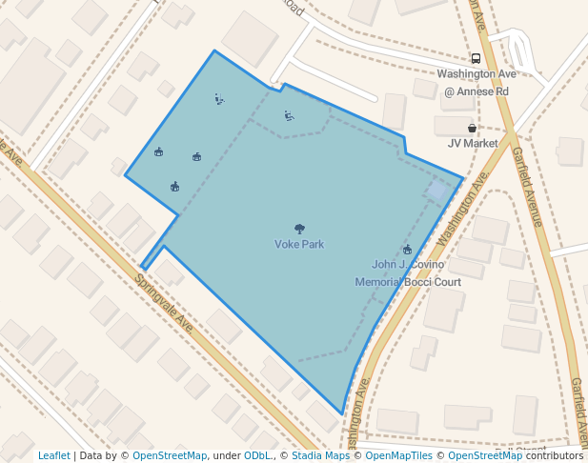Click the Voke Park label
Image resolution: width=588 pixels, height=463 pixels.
(x=299, y=245)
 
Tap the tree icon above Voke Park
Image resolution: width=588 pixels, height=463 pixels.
(x=299, y=229)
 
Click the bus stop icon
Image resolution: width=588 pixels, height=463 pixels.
(x=476, y=59)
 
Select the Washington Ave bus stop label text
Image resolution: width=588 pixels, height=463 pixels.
(x=476, y=74)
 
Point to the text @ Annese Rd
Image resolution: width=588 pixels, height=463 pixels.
(x=476, y=91)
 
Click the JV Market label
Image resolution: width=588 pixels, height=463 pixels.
(x=473, y=144)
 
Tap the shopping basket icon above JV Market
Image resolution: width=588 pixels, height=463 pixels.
(x=472, y=129)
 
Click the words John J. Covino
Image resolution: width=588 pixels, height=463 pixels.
(x=408, y=265)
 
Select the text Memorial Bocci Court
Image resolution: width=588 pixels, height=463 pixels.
(x=408, y=282)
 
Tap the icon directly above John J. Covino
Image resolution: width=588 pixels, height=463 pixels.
(x=407, y=250)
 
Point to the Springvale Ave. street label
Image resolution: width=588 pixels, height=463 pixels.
(x=164, y=304)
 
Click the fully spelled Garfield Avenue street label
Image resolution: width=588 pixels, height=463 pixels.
(x=527, y=187)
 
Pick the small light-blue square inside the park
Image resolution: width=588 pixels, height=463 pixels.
(x=438, y=191)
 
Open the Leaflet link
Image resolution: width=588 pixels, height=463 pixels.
(x=53, y=456)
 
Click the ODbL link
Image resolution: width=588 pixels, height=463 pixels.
(x=257, y=456)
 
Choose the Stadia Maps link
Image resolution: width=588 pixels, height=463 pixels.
(x=320, y=456)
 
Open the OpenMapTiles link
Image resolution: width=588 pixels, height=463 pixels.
(x=399, y=456)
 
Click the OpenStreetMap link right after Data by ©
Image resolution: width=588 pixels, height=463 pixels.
(x=170, y=456)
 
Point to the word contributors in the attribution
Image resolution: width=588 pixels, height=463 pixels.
(x=555, y=456)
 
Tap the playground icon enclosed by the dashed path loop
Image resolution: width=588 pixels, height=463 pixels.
(x=289, y=116)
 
